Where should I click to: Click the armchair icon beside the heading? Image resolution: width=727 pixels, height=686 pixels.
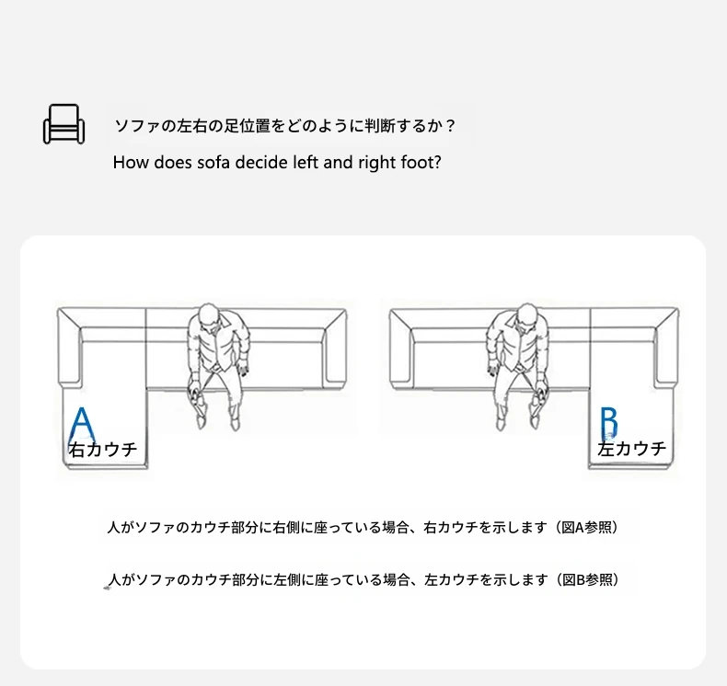[x=64, y=124]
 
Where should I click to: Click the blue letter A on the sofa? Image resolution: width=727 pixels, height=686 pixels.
[x=82, y=426]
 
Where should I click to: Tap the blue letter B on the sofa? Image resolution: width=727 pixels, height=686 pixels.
[x=609, y=423]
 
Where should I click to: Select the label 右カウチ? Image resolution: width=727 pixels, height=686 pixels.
[x=103, y=450]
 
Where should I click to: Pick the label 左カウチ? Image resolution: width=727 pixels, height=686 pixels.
[x=631, y=449]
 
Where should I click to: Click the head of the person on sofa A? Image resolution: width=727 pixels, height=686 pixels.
[x=209, y=316]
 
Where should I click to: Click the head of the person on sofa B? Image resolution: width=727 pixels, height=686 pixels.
[x=526, y=316]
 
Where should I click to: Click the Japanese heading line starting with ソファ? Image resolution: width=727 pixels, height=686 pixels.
[x=284, y=126]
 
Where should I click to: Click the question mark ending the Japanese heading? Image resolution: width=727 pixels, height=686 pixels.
[x=449, y=126]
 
